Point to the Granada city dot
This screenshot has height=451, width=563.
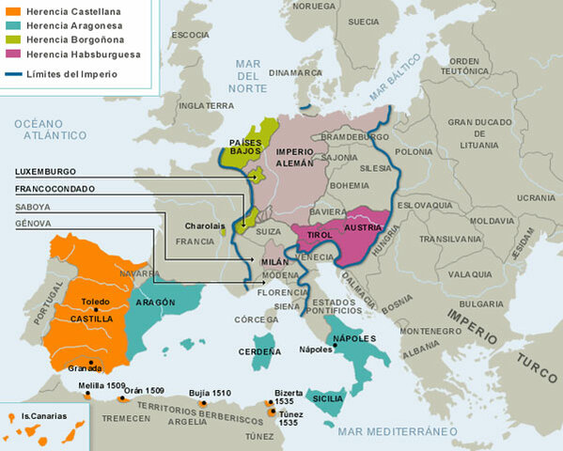(x=90, y=361)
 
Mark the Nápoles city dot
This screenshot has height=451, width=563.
(x=336, y=349)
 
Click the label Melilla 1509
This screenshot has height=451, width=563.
(x=102, y=386)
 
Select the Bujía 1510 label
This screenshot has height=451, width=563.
(x=210, y=393)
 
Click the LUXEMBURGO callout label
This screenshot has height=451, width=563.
(x=45, y=172)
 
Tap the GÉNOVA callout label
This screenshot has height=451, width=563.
(x=33, y=224)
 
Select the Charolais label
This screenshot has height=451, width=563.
(x=205, y=225)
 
